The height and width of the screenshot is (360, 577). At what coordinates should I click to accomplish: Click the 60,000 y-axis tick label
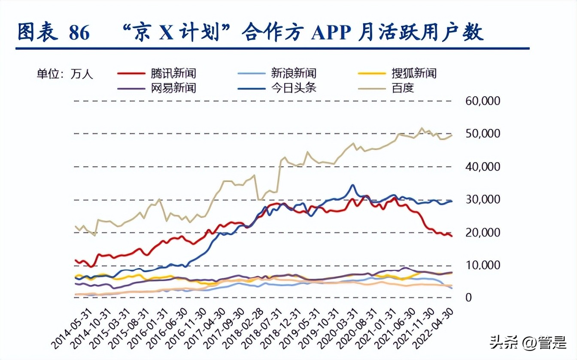click(483, 101)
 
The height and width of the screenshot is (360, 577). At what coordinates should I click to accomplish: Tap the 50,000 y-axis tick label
click(483, 134)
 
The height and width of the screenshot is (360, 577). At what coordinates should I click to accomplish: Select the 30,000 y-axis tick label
click(483, 200)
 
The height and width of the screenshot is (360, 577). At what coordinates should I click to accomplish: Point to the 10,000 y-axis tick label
click(483, 265)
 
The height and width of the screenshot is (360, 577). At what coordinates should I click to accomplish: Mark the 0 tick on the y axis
click(469, 298)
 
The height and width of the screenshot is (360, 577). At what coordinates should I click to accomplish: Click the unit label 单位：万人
click(64, 74)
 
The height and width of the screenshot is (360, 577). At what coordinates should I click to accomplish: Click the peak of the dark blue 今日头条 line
click(352, 185)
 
